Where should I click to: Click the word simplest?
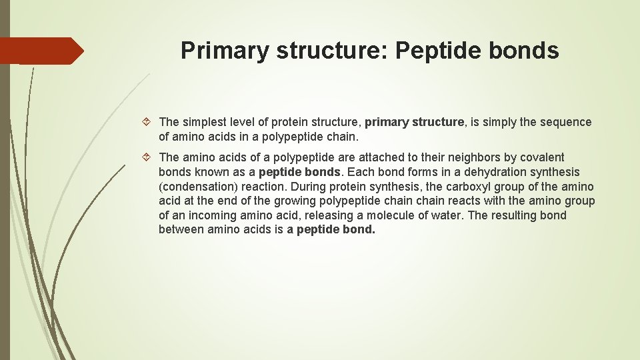(205, 122)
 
